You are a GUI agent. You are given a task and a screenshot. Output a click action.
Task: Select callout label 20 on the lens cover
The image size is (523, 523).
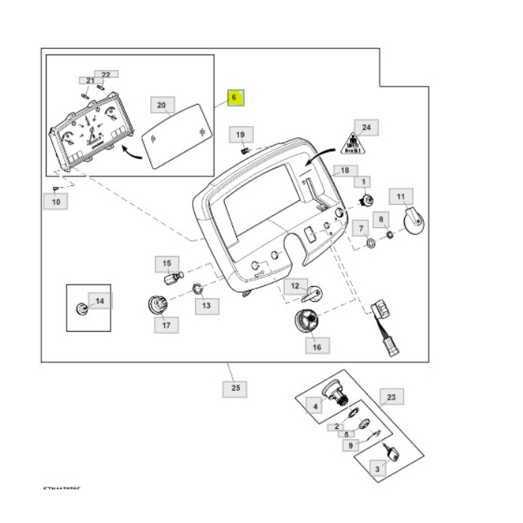(162, 105)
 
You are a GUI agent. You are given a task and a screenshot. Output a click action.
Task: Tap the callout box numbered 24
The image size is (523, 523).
(366, 127)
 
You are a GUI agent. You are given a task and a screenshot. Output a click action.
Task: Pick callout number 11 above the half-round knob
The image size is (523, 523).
(401, 197)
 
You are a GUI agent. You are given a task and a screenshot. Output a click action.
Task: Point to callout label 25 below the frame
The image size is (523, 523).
(235, 389)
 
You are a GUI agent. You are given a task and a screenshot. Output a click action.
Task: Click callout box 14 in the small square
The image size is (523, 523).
(100, 301)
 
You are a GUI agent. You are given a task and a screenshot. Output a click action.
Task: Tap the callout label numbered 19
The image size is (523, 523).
(241, 134)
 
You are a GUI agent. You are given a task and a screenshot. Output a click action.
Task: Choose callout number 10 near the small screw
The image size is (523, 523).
(55, 201)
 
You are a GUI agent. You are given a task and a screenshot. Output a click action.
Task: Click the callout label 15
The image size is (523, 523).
(167, 263)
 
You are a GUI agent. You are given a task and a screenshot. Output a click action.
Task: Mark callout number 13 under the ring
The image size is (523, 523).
(207, 305)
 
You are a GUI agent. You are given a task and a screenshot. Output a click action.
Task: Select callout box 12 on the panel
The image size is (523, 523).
(295, 285)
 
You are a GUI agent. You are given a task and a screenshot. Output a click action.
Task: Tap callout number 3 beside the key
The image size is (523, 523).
(378, 468)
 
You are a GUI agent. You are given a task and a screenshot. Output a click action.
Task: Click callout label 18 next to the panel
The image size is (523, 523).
(344, 170)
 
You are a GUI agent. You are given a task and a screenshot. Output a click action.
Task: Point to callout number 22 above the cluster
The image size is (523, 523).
(105, 75)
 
